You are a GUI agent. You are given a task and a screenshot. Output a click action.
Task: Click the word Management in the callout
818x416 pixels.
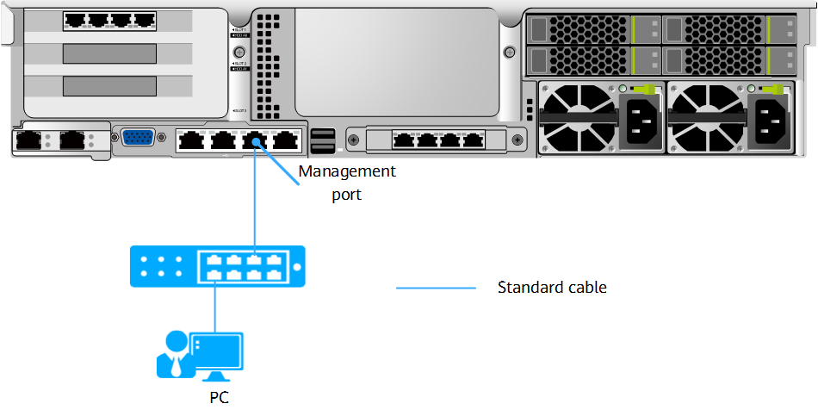[x=347, y=171]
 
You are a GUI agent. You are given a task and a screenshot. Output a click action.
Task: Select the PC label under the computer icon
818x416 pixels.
[x=220, y=397]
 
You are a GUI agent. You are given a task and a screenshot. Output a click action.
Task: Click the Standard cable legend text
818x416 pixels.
[x=552, y=288]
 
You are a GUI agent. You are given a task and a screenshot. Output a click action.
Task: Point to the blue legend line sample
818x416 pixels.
[x=436, y=288]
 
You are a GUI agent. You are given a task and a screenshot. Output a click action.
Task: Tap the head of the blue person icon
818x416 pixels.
[x=177, y=340]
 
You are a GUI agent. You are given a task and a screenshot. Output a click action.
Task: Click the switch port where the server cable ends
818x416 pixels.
[x=254, y=259]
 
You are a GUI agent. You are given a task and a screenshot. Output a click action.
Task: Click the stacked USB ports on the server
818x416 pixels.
[x=325, y=140]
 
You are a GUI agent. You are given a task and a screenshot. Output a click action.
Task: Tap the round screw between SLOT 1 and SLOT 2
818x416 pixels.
[x=239, y=52]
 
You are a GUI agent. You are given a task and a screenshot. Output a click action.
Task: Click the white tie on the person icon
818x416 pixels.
[x=177, y=366]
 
